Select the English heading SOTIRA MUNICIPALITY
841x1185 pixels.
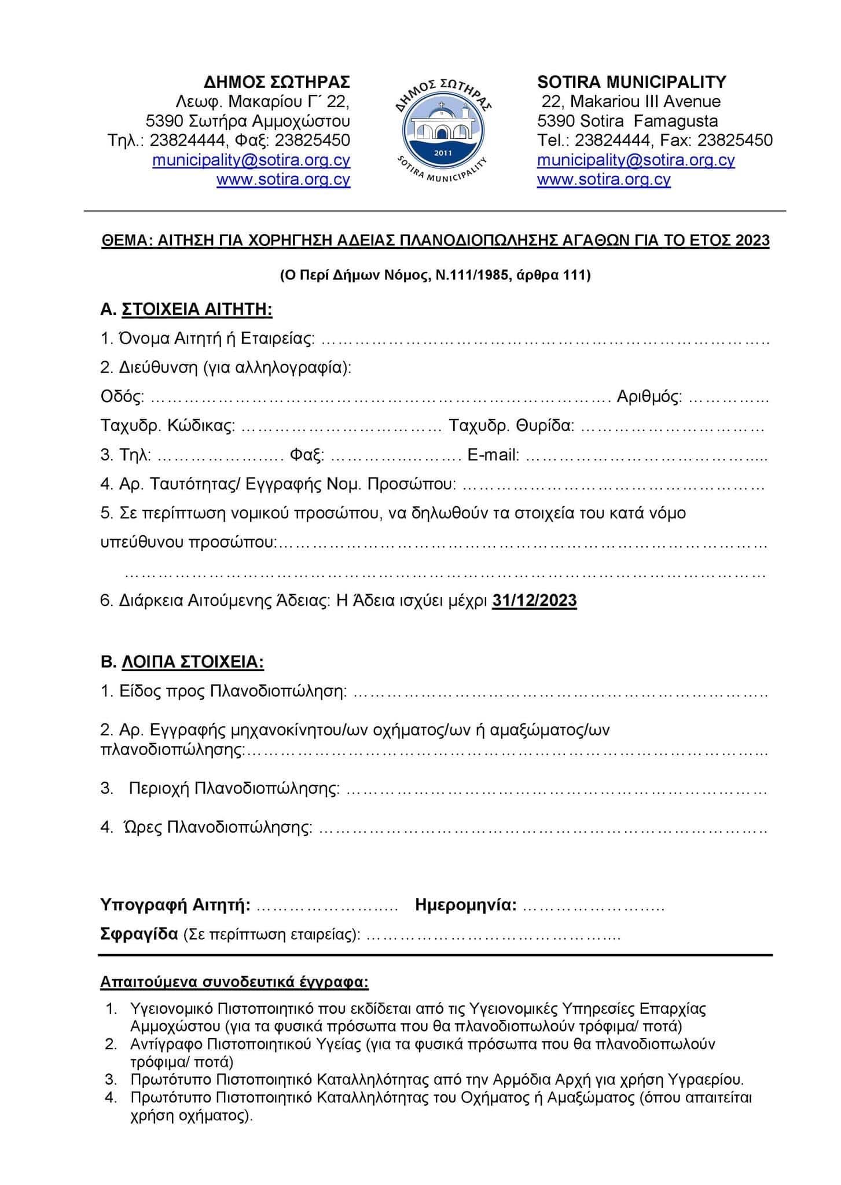click(x=631, y=82)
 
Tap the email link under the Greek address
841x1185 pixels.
click(x=251, y=160)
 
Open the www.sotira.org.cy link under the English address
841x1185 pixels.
click(x=604, y=179)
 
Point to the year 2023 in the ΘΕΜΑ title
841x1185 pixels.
click(x=752, y=240)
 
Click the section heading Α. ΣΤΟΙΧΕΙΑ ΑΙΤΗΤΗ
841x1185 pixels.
click(x=186, y=310)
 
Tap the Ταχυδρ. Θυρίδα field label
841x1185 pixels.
click(x=512, y=426)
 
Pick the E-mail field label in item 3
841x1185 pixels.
click(x=493, y=455)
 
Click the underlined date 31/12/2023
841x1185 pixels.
click(x=534, y=601)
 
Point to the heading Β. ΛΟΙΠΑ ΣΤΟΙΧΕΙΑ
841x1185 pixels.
click(x=182, y=662)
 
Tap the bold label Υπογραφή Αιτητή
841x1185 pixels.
click(x=175, y=905)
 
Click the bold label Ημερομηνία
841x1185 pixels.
click(x=465, y=905)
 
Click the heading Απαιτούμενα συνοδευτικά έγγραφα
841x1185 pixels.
click(x=234, y=982)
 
